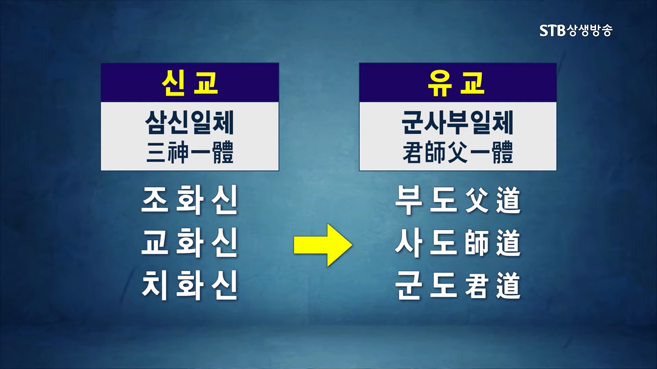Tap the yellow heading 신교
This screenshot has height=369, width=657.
point(190,83)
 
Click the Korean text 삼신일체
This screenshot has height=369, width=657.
point(190,123)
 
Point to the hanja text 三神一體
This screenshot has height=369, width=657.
point(190,152)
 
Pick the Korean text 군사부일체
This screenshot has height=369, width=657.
point(458,123)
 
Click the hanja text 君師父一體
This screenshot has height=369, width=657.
point(458,152)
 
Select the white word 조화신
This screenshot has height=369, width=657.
point(190,201)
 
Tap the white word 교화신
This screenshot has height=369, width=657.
point(190,243)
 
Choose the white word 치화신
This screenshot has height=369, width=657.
point(190,286)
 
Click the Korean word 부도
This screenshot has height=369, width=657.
point(426,201)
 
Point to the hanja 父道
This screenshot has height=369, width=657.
point(493,201)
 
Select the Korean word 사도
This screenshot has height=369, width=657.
point(426,243)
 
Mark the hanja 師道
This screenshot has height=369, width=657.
point(493,243)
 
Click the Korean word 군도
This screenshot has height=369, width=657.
point(426,286)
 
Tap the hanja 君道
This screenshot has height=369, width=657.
point(493,286)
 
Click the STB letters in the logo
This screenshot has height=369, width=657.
point(552,31)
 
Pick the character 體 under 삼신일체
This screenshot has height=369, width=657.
point(223,152)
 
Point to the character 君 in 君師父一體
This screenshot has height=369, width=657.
point(412,152)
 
